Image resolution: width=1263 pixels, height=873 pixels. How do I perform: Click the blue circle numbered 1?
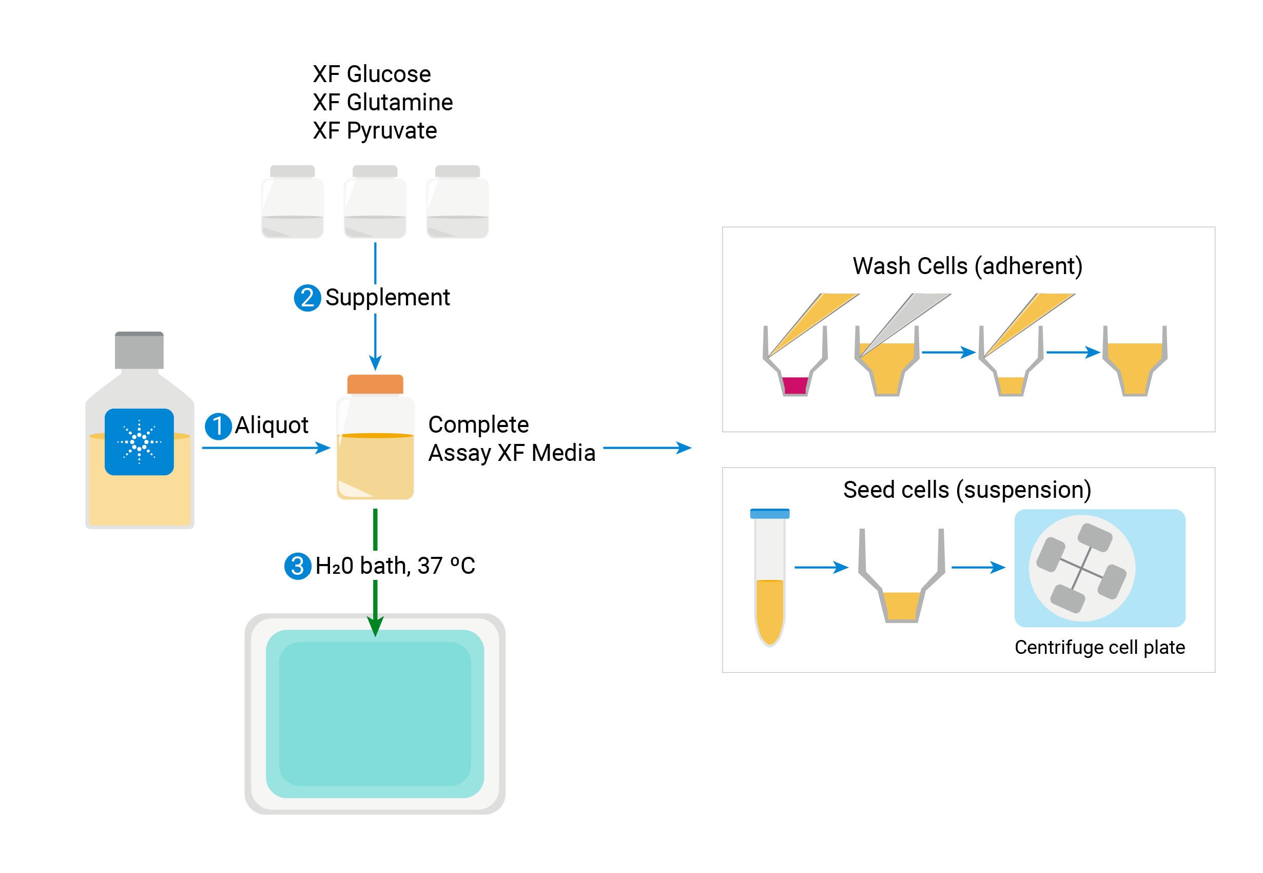tap(218, 426)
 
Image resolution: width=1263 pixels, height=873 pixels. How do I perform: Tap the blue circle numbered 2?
tap(307, 298)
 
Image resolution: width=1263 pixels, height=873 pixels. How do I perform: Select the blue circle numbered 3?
tap(298, 566)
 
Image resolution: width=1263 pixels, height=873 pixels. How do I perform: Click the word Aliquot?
tap(271, 425)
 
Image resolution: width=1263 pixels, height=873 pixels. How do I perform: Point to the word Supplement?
tap(387, 298)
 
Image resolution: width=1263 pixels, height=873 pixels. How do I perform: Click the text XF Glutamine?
tap(382, 102)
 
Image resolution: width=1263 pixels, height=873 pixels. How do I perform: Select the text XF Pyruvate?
tap(375, 131)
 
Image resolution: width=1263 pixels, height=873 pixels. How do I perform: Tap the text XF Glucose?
tap(372, 74)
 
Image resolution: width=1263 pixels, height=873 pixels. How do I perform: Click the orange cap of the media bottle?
tap(375, 384)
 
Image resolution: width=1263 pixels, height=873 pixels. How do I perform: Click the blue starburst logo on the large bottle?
tap(139, 441)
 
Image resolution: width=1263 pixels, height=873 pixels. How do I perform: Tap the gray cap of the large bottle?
tap(139, 350)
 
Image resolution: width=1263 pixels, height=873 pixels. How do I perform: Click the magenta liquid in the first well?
tap(795, 385)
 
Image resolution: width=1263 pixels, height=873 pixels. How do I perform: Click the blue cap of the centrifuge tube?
tap(770, 513)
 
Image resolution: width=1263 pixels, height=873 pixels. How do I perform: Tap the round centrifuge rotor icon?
tap(1082, 568)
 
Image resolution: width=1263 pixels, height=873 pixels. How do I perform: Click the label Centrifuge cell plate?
tap(1099, 647)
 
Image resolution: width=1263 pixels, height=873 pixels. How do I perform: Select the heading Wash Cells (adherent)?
tap(967, 266)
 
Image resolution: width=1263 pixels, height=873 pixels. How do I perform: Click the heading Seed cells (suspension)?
tap(966, 490)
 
